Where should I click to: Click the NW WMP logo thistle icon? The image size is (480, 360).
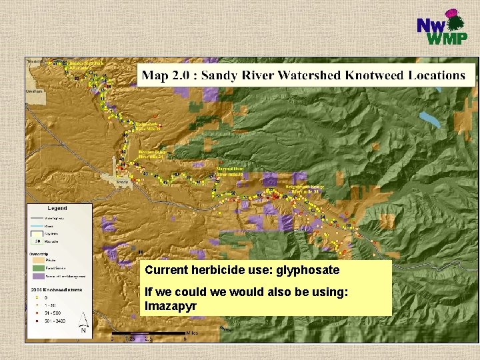pos(457,23)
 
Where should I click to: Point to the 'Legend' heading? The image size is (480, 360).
pos(58,209)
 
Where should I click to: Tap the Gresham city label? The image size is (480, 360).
pos(35,91)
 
